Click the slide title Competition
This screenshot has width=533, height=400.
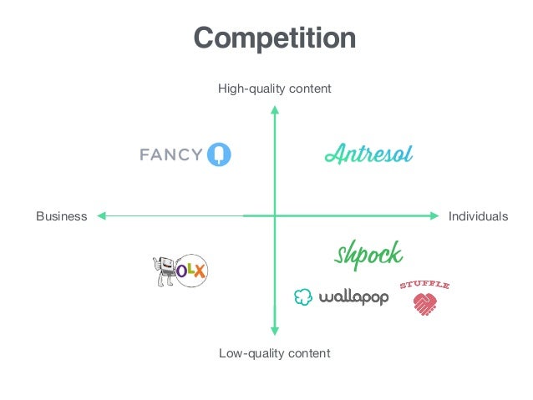coord(275,38)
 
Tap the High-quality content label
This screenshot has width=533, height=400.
coord(275,88)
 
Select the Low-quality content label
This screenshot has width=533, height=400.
coord(275,353)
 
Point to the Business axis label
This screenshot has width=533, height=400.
coord(61,216)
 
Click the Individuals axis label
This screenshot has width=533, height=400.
coord(478,216)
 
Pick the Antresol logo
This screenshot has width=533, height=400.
coord(368,154)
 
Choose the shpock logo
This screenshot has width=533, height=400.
coord(368,256)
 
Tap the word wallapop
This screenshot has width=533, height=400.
coord(353,296)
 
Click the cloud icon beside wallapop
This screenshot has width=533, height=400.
coord(303,296)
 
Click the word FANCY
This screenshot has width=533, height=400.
coord(171,154)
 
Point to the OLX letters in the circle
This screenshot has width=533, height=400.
coord(192,271)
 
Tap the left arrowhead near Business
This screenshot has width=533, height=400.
coord(100,216)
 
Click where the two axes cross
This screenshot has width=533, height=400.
coord(275,216)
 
